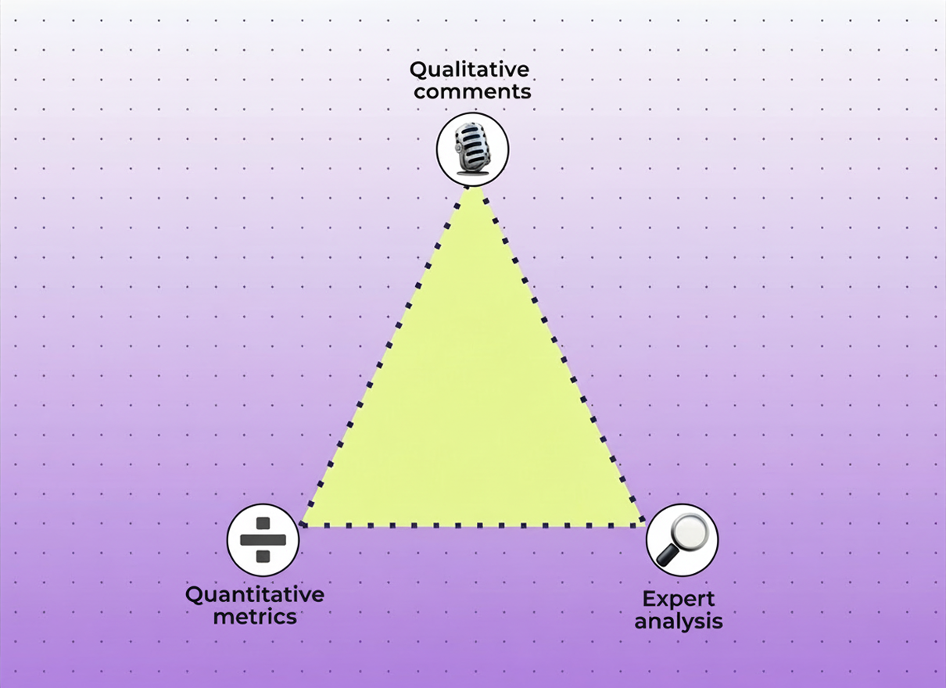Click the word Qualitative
pos(470,70)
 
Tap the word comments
pos(472,91)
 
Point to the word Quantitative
pos(255,594)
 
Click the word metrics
pos(255,616)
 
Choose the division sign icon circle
pos(263,540)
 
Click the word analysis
pos(679,622)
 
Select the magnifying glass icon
pos(682,539)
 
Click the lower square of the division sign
pos(263,557)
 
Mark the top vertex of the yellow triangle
pos(473,188)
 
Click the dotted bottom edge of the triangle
pos(472,525)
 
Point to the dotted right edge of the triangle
pos(558,356)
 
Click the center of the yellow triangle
pos(472,414)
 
